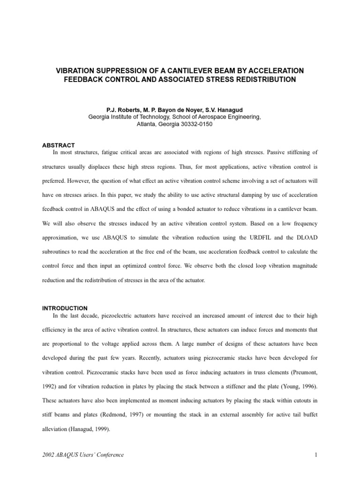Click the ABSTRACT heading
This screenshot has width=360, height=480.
coord(59,145)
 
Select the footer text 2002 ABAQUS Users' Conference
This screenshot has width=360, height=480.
coord(83,455)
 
